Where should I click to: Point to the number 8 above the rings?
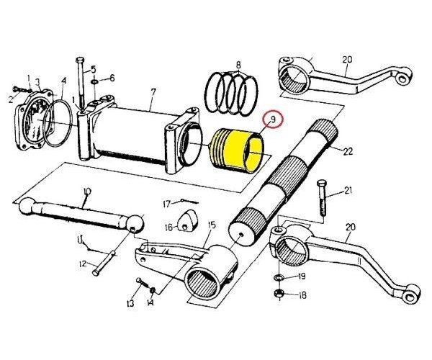click(x=237, y=66)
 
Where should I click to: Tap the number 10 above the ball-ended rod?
click(x=86, y=192)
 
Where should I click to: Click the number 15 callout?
click(x=212, y=226)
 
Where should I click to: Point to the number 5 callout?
click(x=94, y=70)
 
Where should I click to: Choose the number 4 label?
click(x=64, y=81)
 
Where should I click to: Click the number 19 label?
click(x=302, y=276)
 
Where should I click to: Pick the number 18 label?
click(x=302, y=295)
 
